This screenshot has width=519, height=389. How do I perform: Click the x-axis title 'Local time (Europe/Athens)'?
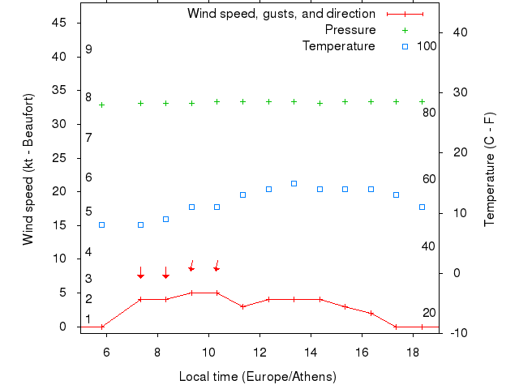click(x=257, y=377)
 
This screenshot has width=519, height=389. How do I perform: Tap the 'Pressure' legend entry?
click(x=350, y=30)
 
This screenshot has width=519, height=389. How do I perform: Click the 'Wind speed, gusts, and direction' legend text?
click(x=281, y=14)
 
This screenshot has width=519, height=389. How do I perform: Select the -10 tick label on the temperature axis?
click(x=456, y=333)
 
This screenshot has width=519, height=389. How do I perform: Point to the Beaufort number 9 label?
click(x=88, y=49)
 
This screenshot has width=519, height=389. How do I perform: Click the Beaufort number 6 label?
click(x=88, y=177)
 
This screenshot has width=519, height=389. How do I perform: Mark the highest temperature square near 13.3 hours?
click(x=294, y=183)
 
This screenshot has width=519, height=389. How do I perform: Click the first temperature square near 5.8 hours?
click(x=102, y=224)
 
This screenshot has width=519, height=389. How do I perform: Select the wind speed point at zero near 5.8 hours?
click(x=102, y=327)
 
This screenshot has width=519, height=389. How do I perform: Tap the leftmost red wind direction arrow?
click(x=140, y=272)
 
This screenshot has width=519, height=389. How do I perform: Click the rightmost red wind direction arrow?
click(x=217, y=265)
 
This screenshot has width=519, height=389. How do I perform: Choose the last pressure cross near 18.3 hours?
click(x=422, y=101)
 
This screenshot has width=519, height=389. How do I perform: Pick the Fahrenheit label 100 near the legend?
click(x=427, y=46)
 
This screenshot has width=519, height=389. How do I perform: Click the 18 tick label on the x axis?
click(x=413, y=353)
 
